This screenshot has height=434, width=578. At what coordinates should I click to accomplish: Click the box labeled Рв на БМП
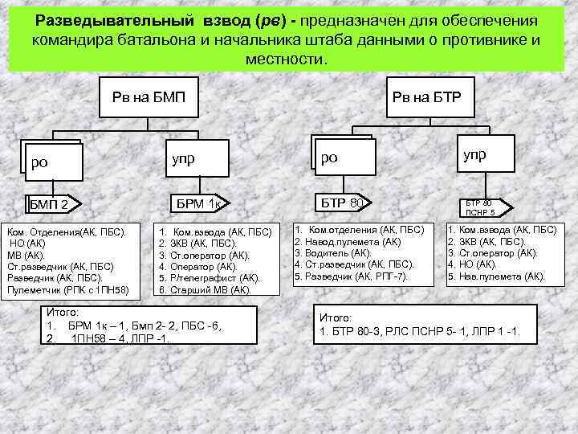(x=149, y=97)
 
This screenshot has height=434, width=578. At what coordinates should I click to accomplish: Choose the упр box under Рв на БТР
(x=474, y=154)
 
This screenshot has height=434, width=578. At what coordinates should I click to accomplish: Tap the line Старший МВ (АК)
(x=206, y=289)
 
